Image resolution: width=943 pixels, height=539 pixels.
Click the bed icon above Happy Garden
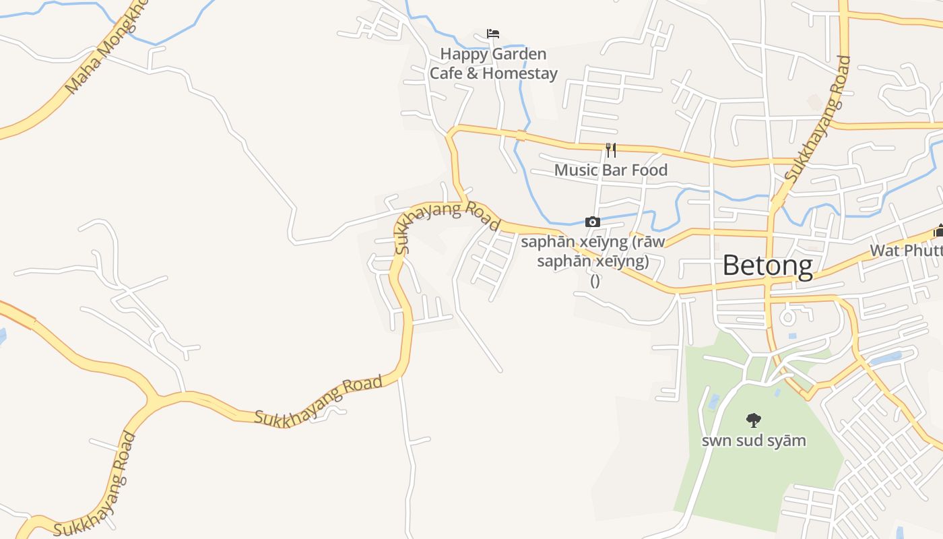[x=493, y=34]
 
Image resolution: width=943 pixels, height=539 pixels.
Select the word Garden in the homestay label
[x=520, y=54]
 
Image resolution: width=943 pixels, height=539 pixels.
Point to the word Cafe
[x=445, y=73]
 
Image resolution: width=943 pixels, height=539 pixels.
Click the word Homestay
[x=520, y=73]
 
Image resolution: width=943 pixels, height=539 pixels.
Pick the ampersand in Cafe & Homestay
[x=472, y=73]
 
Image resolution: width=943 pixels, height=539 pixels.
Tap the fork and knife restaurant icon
[x=611, y=150]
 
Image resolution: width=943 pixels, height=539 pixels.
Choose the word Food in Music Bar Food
[x=650, y=170]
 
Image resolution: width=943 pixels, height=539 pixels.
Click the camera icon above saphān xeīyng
[x=593, y=222]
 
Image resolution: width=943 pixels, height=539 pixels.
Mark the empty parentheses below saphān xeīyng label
[x=595, y=280]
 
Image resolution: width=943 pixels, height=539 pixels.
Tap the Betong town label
[x=767, y=265]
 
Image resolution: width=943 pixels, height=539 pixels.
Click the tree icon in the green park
[x=754, y=420]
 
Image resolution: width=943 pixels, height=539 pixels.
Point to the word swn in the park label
[x=716, y=441]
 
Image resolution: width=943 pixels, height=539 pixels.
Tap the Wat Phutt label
[x=906, y=251]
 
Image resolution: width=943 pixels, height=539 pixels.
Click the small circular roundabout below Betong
[x=787, y=316]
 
